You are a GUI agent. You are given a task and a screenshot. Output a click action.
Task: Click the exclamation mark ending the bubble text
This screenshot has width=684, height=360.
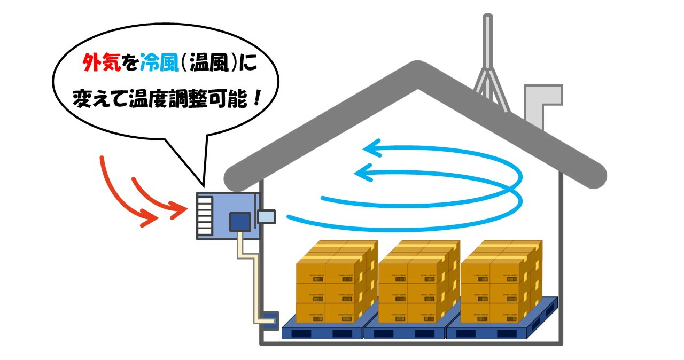[258, 98]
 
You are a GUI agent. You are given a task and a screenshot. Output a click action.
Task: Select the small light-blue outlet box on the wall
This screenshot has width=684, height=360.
[266, 216]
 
